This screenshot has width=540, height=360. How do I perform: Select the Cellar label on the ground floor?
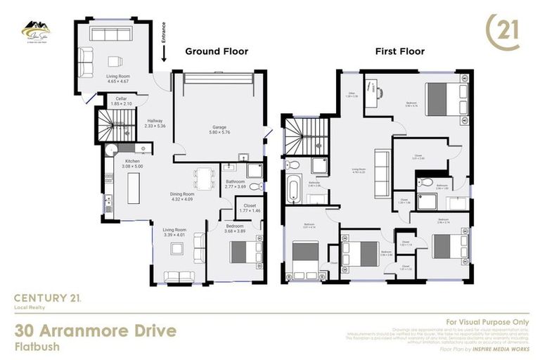[121, 101]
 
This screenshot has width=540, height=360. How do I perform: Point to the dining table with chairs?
[204, 178]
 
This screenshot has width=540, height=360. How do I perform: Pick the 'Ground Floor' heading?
[217, 51]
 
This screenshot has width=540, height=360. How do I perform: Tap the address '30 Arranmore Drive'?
[96, 330]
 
